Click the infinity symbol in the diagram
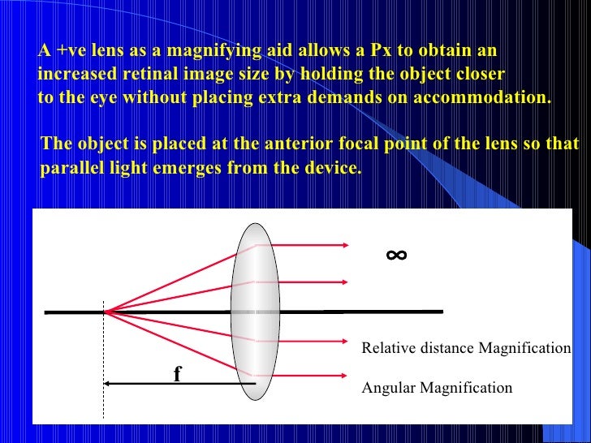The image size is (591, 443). pyautogui.click(x=396, y=256)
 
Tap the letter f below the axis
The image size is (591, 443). pyautogui.click(x=177, y=374)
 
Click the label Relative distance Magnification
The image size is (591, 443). pyautogui.click(x=466, y=348)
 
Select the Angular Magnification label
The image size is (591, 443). pyautogui.click(x=437, y=388)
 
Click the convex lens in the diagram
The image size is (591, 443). pyautogui.click(x=255, y=312)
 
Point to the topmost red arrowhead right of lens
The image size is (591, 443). pyautogui.click(x=345, y=243)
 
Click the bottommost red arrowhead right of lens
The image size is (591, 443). pyautogui.click(x=345, y=375)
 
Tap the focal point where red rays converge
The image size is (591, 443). pyautogui.click(x=105, y=311)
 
